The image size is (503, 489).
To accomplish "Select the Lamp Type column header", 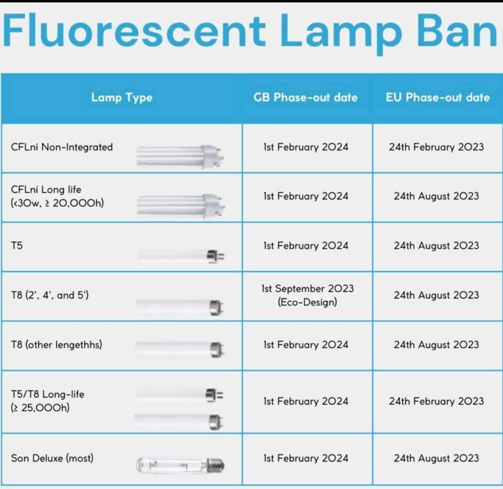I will pyautogui.click(x=121, y=97).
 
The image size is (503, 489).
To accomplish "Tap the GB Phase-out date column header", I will pyautogui.click(x=305, y=97).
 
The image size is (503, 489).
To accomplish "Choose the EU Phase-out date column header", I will pyautogui.click(x=438, y=97).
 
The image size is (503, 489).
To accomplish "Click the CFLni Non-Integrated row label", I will pyautogui.click(x=62, y=147).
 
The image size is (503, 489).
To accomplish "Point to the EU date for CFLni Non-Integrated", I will pyautogui.click(x=436, y=147).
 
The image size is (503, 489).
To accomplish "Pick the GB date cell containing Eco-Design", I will pyautogui.click(x=308, y=295).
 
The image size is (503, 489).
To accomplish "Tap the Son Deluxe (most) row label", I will pyautogui.click(x=52, y=458).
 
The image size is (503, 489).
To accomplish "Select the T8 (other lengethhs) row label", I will pyautogui.click(x=56, y=344).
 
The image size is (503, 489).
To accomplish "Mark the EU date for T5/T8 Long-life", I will pyautogui.click(x=436, y=401).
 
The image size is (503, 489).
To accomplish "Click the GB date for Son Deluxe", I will pyautogui.click(x=305, y=458).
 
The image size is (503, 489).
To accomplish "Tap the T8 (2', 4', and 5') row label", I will pyautogui.click(x=49, y=295).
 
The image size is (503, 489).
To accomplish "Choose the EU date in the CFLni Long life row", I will pyautogui.click(x=436, y=196).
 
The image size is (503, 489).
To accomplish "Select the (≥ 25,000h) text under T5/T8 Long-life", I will pyautogui.click(x=40, y=408).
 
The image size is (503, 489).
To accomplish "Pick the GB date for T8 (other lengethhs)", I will pyautogui.click(x=305, y=344).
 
